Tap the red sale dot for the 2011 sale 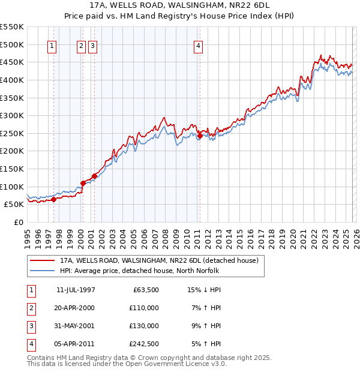pos(200,136)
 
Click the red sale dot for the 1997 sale pos(53,199)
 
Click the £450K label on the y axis pos(12,62)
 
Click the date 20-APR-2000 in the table pos(76,308)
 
